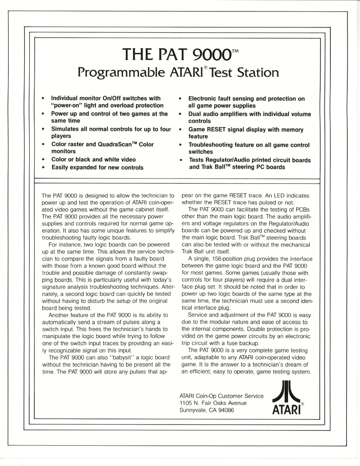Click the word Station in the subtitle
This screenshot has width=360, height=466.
click(x=257, y=72)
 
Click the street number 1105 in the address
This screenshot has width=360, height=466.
click(x=187, y=403)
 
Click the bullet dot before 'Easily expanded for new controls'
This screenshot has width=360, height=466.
click(x=43, y=167)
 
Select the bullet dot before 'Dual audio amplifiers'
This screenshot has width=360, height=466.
click(x=180, y=114)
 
